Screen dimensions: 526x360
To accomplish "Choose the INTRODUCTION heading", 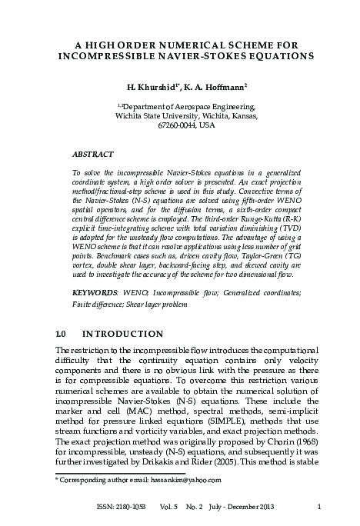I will [x=122, y=334].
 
